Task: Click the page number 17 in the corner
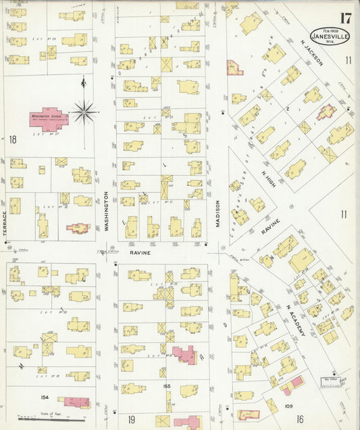[x=345, y=18]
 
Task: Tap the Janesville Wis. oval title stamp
[x=330, y=35]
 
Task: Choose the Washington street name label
[x=106, y=211]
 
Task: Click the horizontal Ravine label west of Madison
[x=140, y=252]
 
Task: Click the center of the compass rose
[x=84, y=112]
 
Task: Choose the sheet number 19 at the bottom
[x=132, y=419]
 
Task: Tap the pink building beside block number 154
[x=76, y=402]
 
